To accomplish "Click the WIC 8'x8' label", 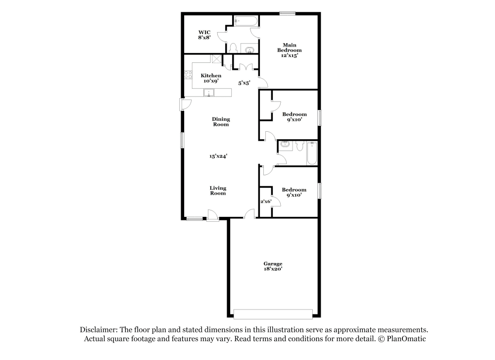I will point(204,35).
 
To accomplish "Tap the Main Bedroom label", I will point(290,50).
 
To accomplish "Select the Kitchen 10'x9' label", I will point(211,78).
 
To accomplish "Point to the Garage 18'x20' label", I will point(273,266).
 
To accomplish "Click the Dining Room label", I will point(221,122).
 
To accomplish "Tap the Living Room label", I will point(218,191).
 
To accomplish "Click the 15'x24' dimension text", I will point(218,156).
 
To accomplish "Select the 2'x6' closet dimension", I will point(266,202).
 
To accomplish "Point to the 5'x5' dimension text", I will point(244,83).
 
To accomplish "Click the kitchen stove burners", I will point(188,75).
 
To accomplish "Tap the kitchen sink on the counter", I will point(209,93).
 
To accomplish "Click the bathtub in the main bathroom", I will point(245,21).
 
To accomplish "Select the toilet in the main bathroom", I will point(233,48).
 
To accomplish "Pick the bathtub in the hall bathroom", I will point(312,153).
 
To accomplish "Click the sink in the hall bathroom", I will point(285,145).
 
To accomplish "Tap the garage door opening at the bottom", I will point(273,314).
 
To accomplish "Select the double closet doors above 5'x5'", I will point(243,67).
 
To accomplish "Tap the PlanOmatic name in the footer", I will point(407,339).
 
